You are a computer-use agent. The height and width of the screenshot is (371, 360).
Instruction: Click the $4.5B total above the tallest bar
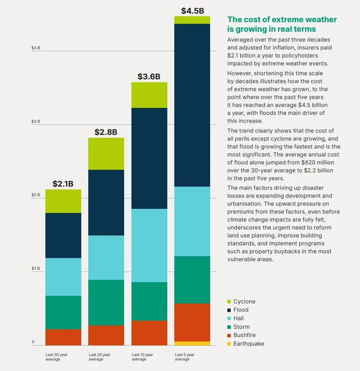[x=192, y=10]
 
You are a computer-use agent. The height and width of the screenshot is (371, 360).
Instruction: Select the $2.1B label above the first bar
[x=63, y=183]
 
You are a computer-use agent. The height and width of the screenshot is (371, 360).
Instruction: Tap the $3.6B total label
[x=149, y=76]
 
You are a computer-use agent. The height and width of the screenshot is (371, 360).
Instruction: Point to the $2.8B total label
[x=106, y=132]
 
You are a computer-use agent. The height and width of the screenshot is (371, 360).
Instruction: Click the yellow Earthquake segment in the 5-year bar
[x=192, y=343]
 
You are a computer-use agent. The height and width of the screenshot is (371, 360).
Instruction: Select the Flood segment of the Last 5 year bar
[x=192, y=105]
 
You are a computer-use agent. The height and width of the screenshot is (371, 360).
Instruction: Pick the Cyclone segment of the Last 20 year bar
[x=106, y=153]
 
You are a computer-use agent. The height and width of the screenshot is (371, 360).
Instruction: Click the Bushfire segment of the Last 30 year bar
[x=63, y=337]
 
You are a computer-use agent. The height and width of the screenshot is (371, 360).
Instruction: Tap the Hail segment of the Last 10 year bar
[x=149, y=245]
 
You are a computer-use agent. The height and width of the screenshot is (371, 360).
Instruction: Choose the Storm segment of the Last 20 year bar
[x=106, y=302]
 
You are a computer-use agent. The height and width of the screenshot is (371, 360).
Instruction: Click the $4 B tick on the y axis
[x=36, y=48]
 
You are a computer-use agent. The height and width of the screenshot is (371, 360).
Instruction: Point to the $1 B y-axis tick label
[x=36, y=268]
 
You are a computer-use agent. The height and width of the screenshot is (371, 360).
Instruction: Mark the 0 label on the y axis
[x=33, y=342]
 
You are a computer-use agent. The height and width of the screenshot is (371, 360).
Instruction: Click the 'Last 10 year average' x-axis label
[x=142, y=357]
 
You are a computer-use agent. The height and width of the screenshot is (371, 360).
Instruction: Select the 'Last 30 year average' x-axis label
[x=56, y=357]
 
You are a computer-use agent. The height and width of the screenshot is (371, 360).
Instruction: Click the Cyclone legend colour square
[x=229, y=301]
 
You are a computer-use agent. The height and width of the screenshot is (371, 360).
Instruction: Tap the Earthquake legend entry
[x=248, y=344]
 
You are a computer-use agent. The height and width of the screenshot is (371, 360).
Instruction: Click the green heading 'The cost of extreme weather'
[x=282, y=20]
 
